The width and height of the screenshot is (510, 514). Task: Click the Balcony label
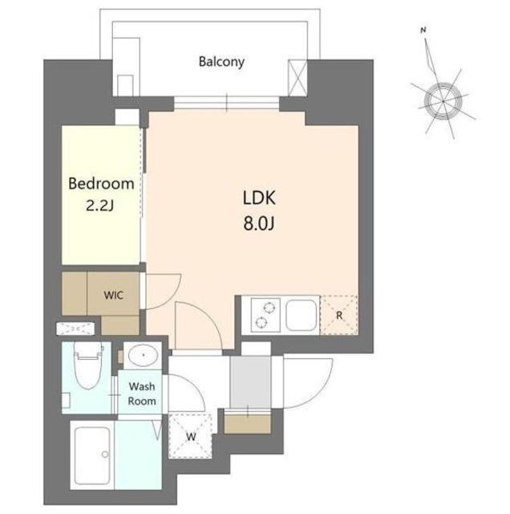[221, 62]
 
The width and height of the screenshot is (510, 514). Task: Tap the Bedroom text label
[101, 184]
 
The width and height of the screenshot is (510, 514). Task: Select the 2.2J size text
[100, 206]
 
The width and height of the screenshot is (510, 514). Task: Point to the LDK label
[259, 198]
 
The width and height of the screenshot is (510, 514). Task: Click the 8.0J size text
[258, 223]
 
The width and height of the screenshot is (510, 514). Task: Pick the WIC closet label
[113, 295]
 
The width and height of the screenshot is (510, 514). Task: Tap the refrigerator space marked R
[339, 316]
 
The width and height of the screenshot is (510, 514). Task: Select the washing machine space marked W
[191, 436]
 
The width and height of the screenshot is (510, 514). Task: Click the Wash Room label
[142, 394]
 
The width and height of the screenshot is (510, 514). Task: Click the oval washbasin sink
[143, 355]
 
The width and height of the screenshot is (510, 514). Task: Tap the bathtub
[92, 455]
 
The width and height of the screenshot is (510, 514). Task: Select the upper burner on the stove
[269, 308]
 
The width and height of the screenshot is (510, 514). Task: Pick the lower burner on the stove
[261, 323]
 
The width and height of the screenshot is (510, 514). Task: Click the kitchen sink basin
[302, 315]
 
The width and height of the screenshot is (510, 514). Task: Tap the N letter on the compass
[423, 31]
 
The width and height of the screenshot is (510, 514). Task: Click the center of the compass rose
[443, 101]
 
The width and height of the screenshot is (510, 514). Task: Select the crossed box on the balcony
[297, 78]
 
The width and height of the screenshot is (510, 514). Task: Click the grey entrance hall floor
[250, 382]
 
